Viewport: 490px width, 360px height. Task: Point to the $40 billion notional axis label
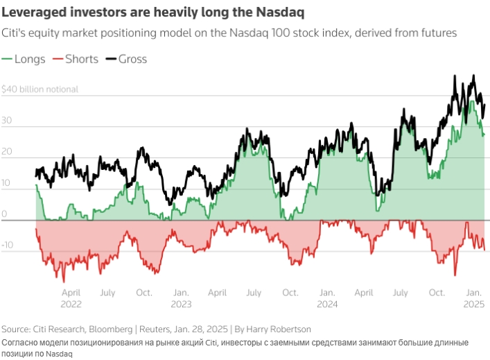(40, 89)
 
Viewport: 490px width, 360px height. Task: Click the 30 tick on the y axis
(6, 120)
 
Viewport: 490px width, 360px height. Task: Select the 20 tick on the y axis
(6, 153)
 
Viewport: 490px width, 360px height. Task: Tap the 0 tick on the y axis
(4, 215)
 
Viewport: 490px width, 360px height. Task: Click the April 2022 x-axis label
(71, 298)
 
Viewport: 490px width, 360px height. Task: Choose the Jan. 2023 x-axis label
(182, 298)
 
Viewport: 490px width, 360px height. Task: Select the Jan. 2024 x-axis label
(326, 298)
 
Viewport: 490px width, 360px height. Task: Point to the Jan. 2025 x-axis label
(473, 298)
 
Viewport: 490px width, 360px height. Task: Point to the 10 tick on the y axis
(6, 184)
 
